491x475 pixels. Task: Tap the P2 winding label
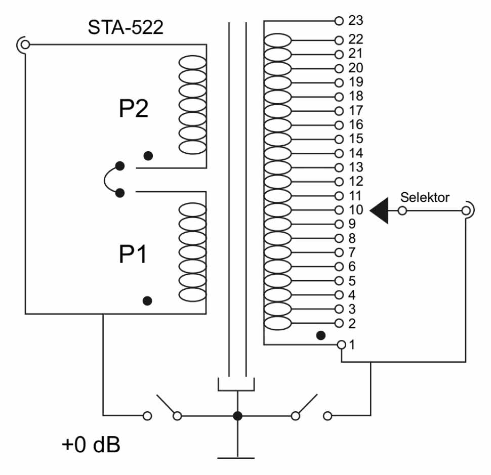click(x=134, y=109)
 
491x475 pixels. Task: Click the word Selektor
click(x=424, y=197)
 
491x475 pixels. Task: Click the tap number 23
click(x=356, y=21)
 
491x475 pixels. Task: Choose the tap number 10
click(x=356, y=210)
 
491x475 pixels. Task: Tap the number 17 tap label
click(x=356, y=110)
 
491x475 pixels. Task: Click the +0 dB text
click(x=92, y=446)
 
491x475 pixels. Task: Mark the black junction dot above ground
click(x=237, y=416)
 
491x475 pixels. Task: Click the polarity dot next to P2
click(x=148, y=156)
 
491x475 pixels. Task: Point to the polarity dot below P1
click(x=147, y=301)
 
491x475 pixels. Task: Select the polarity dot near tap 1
click(x=320, y=335)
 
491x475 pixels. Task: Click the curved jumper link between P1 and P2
click(x=106, y=179)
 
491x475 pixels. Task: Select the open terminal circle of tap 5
click(x=339, y=280)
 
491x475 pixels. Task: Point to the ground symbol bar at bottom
click(x=236, y=458)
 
